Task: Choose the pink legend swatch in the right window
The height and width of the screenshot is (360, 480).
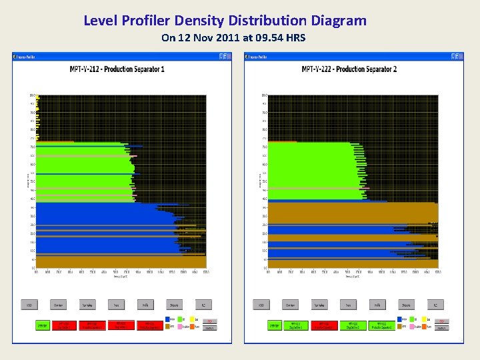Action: coord(411,327)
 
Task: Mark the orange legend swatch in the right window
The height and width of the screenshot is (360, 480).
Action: coord(423,327)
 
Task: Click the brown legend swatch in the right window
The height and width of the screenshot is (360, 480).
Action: coord(399,327)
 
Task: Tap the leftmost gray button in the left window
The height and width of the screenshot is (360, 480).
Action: coord(29,305)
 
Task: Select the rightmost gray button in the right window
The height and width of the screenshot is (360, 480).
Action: coord(435,305)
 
